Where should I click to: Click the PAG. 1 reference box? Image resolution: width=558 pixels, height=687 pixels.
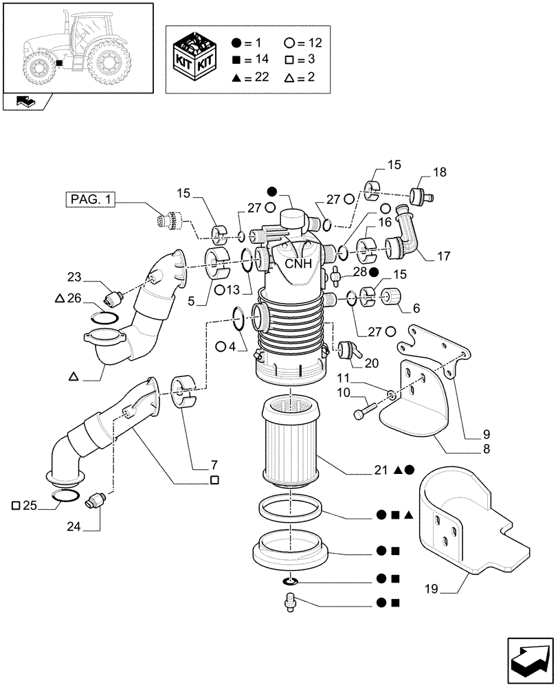tap(91, 200)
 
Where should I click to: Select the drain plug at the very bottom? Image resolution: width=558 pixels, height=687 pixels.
tap(291, 602)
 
